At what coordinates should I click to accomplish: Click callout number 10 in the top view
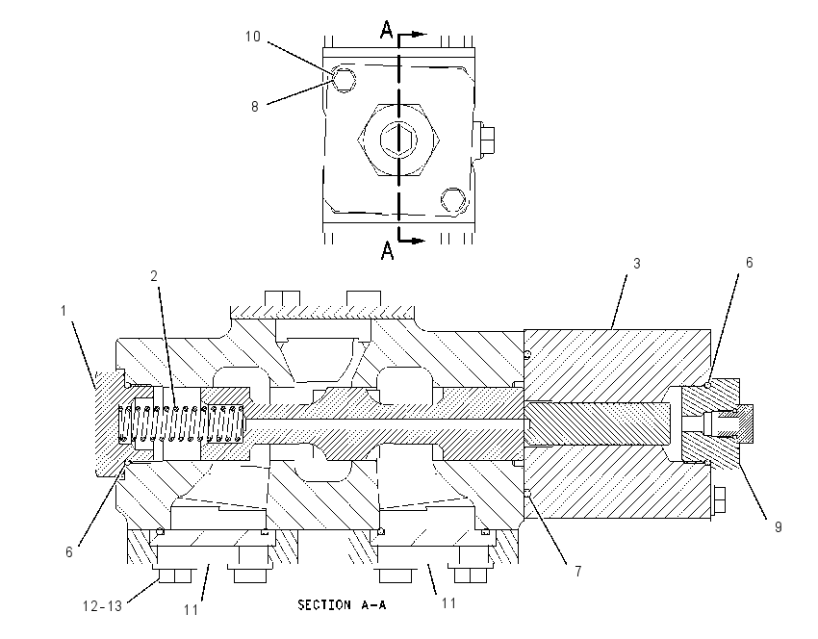(x=253, y=37)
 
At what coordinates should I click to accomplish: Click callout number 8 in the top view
(x=255, y=107)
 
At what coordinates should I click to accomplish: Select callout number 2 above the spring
(x=154, y=276)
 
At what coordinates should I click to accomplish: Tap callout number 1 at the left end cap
(x=64, y=311)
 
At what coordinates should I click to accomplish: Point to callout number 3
(x=636, y=264)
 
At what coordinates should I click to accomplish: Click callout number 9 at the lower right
(x=778, y=527)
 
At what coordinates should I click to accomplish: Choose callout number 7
(x=578, y=572)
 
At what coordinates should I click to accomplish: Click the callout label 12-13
(x=102, y=606)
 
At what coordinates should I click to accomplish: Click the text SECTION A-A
(x=342, y=605)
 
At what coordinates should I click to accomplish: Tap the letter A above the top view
(x=386, y=30)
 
